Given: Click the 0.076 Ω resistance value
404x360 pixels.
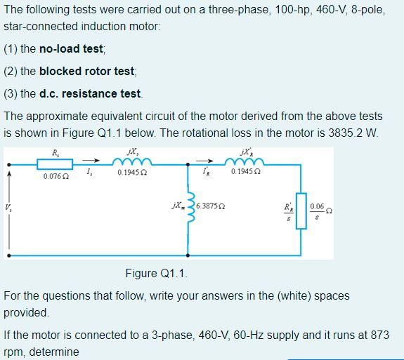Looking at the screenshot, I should click(56, 176).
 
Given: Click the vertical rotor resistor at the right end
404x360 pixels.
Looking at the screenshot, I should click(301, 211).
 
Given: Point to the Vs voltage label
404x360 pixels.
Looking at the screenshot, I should click(8, 207).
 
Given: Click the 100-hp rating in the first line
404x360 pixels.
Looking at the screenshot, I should click(226, 11).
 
